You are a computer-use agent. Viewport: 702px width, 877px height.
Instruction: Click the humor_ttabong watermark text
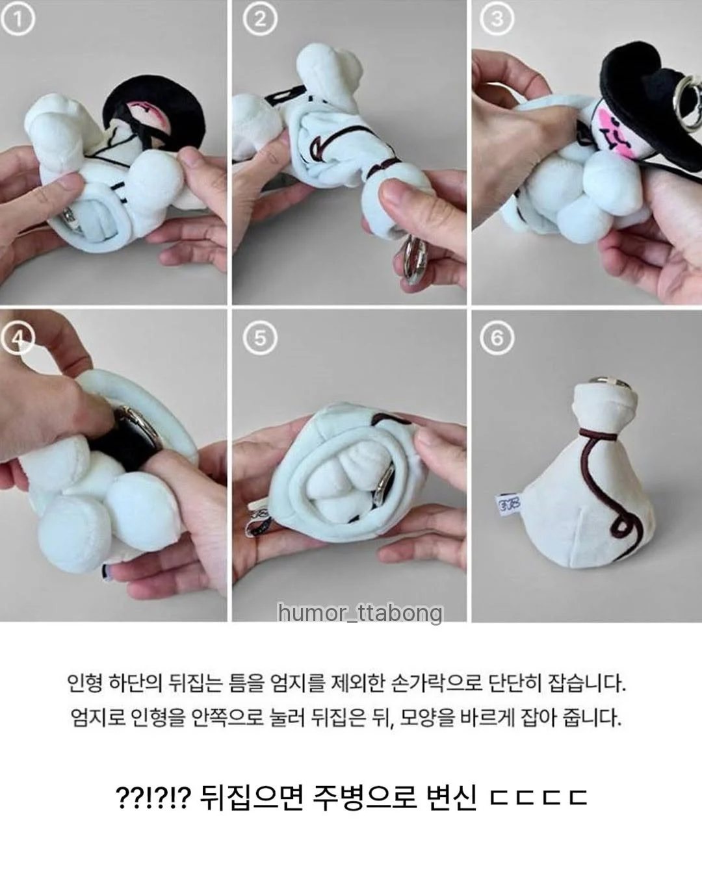point(361,613)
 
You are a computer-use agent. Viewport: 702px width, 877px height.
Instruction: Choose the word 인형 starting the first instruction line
point(84,683)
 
